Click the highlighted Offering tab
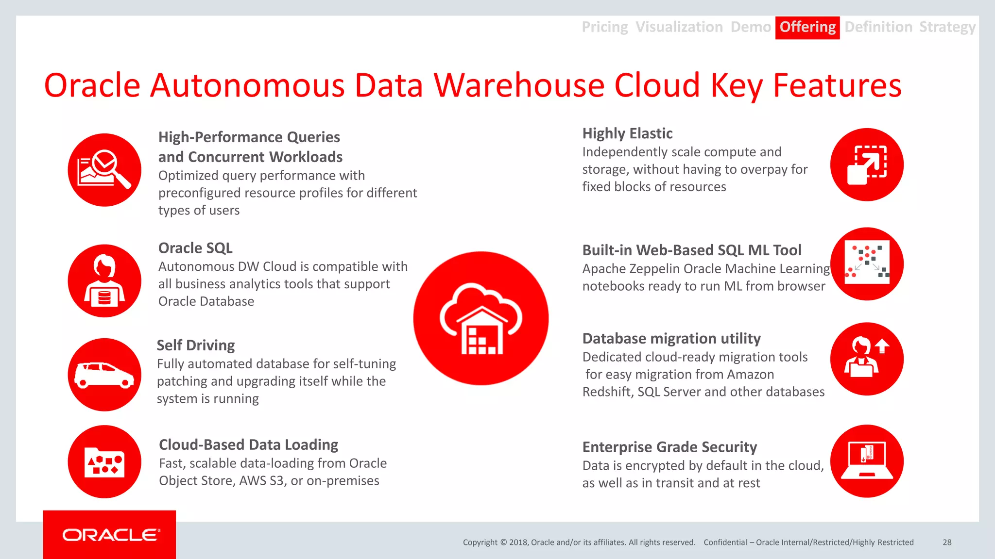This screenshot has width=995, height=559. point(807,27)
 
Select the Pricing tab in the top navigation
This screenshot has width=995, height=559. point(604,27)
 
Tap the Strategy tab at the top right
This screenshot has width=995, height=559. point(947,27)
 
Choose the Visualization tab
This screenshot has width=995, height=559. point(679,27)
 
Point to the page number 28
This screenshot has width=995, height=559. point(947,543)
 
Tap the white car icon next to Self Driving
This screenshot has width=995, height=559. point(104,375)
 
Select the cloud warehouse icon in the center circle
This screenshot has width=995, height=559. point(481,318)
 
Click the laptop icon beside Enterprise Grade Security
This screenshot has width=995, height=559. point(867,460)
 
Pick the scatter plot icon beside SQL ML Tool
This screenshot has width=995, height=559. point(867,263)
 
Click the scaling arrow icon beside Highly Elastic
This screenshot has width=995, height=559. point(867,164)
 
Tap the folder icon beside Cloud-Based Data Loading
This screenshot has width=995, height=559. point(104,462)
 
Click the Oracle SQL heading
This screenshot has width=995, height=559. point(195,248)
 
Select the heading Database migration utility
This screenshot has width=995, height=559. point(671,338)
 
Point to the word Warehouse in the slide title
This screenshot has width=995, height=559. point(518,85)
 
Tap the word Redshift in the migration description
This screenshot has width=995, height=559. point(607,392)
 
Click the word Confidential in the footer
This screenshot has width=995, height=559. point(725,543)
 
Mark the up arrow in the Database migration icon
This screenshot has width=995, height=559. point(882,345)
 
